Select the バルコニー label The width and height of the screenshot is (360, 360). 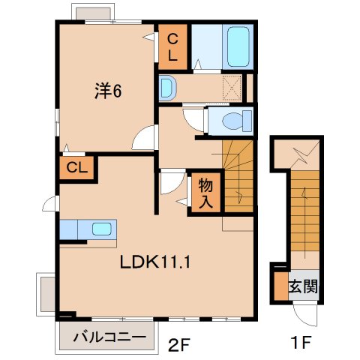point(109,338)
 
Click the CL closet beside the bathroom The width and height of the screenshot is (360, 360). point(172,46)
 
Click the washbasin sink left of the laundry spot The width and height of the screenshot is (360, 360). point(167,87)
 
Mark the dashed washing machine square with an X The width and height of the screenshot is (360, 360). point(232,87)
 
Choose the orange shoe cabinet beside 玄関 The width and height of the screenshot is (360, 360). point(280,285)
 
